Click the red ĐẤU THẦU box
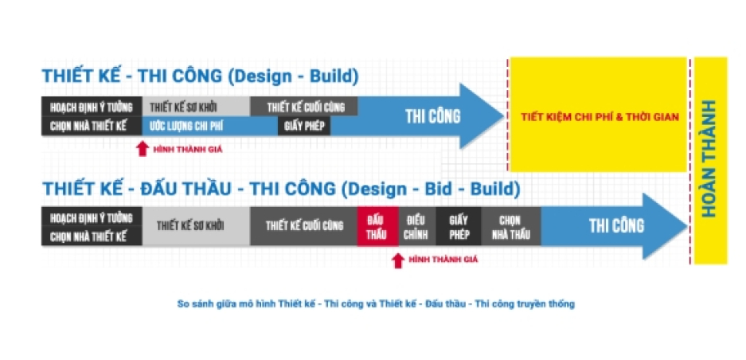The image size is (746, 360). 377,226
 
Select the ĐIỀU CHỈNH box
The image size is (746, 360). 417,226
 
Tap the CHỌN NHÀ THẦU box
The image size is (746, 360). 511,226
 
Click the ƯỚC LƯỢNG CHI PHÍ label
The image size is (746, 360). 186,127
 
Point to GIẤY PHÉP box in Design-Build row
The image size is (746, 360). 304,127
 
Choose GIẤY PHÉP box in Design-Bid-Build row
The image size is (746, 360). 459,226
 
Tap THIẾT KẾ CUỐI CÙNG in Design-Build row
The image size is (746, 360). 304,106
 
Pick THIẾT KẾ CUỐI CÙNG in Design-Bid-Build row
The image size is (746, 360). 304,226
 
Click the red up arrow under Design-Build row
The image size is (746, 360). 142,149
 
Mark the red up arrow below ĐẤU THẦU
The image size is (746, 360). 398,260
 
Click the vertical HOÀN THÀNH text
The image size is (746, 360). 709,158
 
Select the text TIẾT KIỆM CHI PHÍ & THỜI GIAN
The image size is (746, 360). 600,116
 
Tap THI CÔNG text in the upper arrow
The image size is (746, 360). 433,116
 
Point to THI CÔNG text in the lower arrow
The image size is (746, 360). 616,225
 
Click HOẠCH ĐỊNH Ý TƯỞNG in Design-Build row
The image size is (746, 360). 92,108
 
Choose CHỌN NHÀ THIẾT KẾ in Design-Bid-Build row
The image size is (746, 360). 88,237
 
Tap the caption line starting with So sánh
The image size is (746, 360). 376,303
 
